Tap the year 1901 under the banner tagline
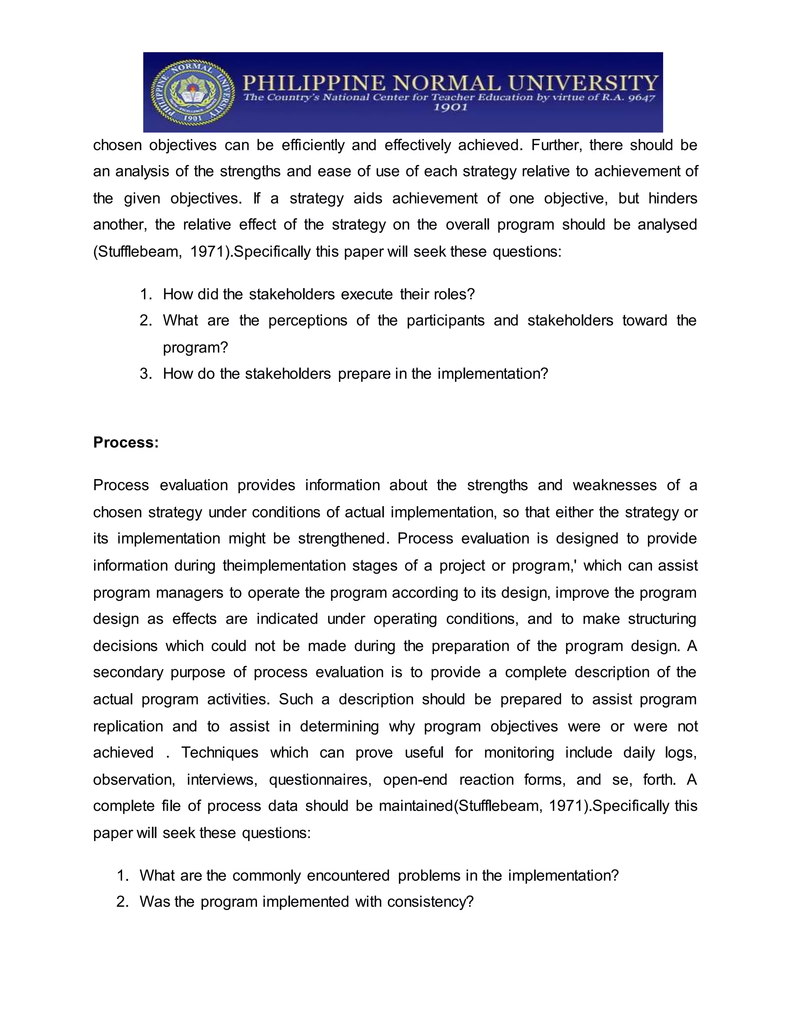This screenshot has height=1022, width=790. tap(450, 108)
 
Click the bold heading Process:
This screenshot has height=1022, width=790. tap(126, 442)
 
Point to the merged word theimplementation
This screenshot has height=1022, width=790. tap(283, 566)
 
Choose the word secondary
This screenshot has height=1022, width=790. tap(128, 673)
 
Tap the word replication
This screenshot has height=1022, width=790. tap(128, 726)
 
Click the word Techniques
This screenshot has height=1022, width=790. tap(219, 752)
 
